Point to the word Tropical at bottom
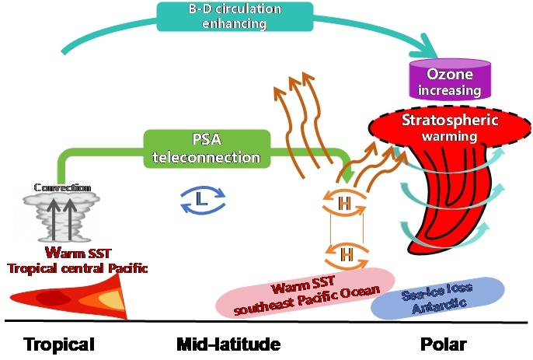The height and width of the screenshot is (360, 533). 58,344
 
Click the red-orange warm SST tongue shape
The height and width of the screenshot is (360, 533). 70,300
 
